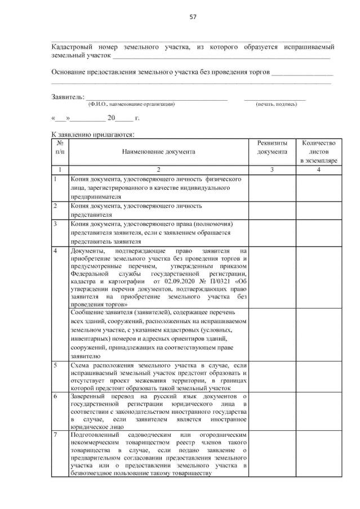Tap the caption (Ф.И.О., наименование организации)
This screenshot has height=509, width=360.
pos(131,105)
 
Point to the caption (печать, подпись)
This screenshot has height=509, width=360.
pos(275,105)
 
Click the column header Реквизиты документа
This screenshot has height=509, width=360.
pos(272,148)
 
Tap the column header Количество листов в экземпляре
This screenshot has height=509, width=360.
pos(318,152)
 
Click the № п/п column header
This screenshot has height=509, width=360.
pos(60,148)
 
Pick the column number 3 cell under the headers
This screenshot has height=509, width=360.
pos(272,169)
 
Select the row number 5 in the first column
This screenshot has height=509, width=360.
pos(55,365)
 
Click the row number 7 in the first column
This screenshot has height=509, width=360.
pos(55,435)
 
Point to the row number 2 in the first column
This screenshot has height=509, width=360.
pos(55,207)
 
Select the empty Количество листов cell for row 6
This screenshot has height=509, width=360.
pos(318,412)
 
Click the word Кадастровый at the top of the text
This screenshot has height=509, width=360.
pos(72,46)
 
